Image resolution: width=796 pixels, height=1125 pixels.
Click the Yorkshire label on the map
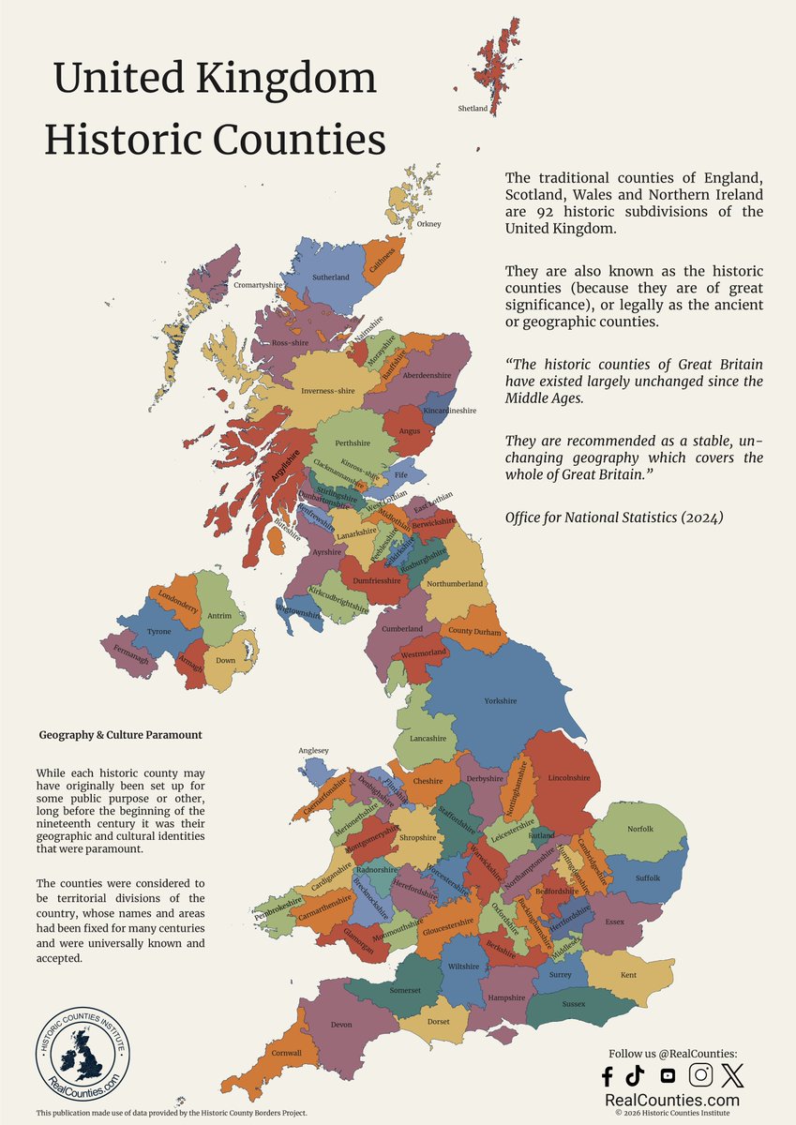click(x=500, y=701)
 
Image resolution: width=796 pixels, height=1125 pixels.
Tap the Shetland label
click(x=473, y=109)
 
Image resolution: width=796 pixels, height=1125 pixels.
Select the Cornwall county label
click(x=288, y=1053)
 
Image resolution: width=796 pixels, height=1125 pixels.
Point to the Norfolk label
click(x=640, y=829)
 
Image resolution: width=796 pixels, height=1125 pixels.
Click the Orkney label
click(x=428, y=224)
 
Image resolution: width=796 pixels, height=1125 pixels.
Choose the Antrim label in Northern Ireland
click(x=218, y=616)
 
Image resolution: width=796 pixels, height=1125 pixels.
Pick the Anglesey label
click(x=313, y=750)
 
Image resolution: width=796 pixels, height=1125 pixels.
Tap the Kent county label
click(x=628, y=975)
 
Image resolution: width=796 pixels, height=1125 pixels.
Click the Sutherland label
click(x=330, y=277)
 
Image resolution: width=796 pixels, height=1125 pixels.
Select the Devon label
click(x=341, y=1025)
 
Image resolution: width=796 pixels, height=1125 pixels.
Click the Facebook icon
click(x=607, y=1075)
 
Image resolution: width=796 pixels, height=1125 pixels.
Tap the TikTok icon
click(x=635, y=1075)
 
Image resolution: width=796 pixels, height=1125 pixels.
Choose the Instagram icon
click(x=700, y=1074)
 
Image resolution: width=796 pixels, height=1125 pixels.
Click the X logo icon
click(x=732, y=1074)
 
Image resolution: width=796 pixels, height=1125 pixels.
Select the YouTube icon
click(x=668, y=1075)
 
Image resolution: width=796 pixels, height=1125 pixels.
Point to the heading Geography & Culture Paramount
click(x=121, y=735)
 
